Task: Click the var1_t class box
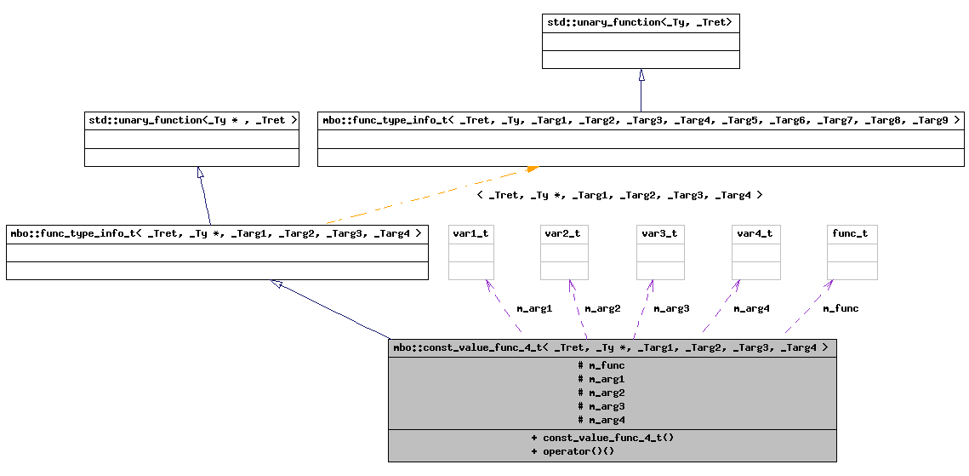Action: pos(471,252)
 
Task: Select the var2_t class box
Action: pos(564,252)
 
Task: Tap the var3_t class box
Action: pos(660,252)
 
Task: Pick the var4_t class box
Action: pos(755,252)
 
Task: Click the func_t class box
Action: pos(852,252)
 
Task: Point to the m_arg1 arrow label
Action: pos(534,308)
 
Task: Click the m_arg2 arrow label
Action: pos(602,308)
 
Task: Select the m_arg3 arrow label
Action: pos(671,308)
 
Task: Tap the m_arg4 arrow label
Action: pos(751,308)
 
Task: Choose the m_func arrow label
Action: pos(841,308)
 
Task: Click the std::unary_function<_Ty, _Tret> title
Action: pos(640,22)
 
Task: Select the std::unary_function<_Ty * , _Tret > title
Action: pos(192,120)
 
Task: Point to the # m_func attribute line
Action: pos(601,365)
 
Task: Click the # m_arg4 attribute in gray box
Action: pos(601,420)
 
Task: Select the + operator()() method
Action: pos(573,450)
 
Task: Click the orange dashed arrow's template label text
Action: pos(619,195)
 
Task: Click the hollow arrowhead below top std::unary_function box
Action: pos(641,75)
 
